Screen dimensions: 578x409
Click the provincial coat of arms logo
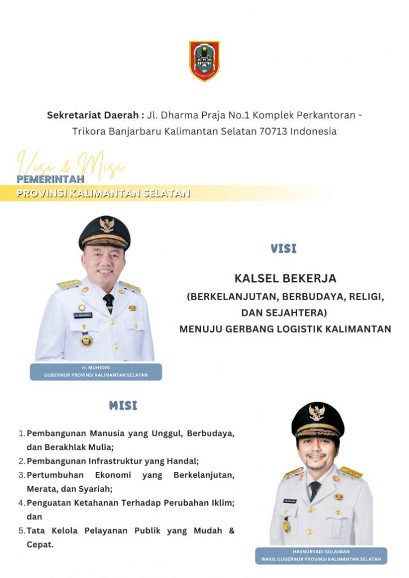tap(204, 60)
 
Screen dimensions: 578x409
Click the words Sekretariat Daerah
tap(93, 115)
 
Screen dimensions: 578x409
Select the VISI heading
tap(284, 248)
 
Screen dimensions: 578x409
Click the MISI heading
tap(123, 405)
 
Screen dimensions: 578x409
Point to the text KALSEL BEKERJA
tap(285, 278)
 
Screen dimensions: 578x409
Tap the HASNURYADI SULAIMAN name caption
tap(320, 551)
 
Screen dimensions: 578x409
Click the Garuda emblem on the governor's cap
tap(107, 225)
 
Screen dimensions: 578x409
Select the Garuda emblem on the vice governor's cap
tap(317, 412)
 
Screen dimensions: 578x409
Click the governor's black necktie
tap(108, 302)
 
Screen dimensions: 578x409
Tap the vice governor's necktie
tap(315, 489)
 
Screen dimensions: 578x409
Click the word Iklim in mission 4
tap(222, 502)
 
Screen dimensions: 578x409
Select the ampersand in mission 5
tap(231, 531)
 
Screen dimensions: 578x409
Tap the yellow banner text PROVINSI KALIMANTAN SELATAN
tap(103, 193)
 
